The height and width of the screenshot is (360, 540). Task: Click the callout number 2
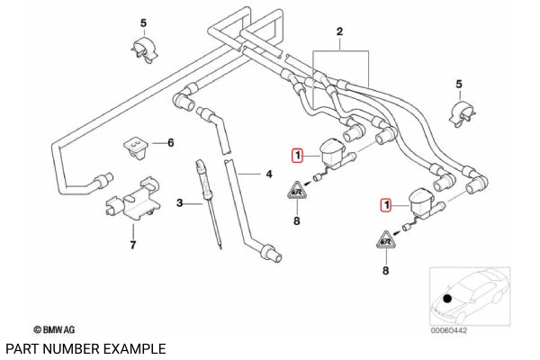[x=339, y=31]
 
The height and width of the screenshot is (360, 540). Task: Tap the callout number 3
[x=179, y=203]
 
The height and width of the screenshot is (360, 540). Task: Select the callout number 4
[x=269, y=175]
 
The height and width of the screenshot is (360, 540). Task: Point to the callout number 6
[x=171, y=142]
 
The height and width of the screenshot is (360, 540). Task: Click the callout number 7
[x=133, y=245]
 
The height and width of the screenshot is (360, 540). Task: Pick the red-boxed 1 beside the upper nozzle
[x=298, y=156]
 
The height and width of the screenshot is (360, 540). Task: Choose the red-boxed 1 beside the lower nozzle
[x=386, y=205]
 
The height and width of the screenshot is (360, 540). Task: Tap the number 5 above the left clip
[x=143, y=23]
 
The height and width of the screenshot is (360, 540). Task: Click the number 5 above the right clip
[x=459, y=84]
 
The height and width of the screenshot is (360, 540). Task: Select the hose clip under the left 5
[x=144, y=51]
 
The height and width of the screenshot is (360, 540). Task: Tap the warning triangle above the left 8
[x=297, y=191]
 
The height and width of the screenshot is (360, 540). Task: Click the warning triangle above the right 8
[x=386, y=240]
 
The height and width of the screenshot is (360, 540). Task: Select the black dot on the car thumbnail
[x=447, y=299]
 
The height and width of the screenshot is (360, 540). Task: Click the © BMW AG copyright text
[x=54, y=329]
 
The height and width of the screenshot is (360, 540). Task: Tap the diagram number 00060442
[x=449, y=330]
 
